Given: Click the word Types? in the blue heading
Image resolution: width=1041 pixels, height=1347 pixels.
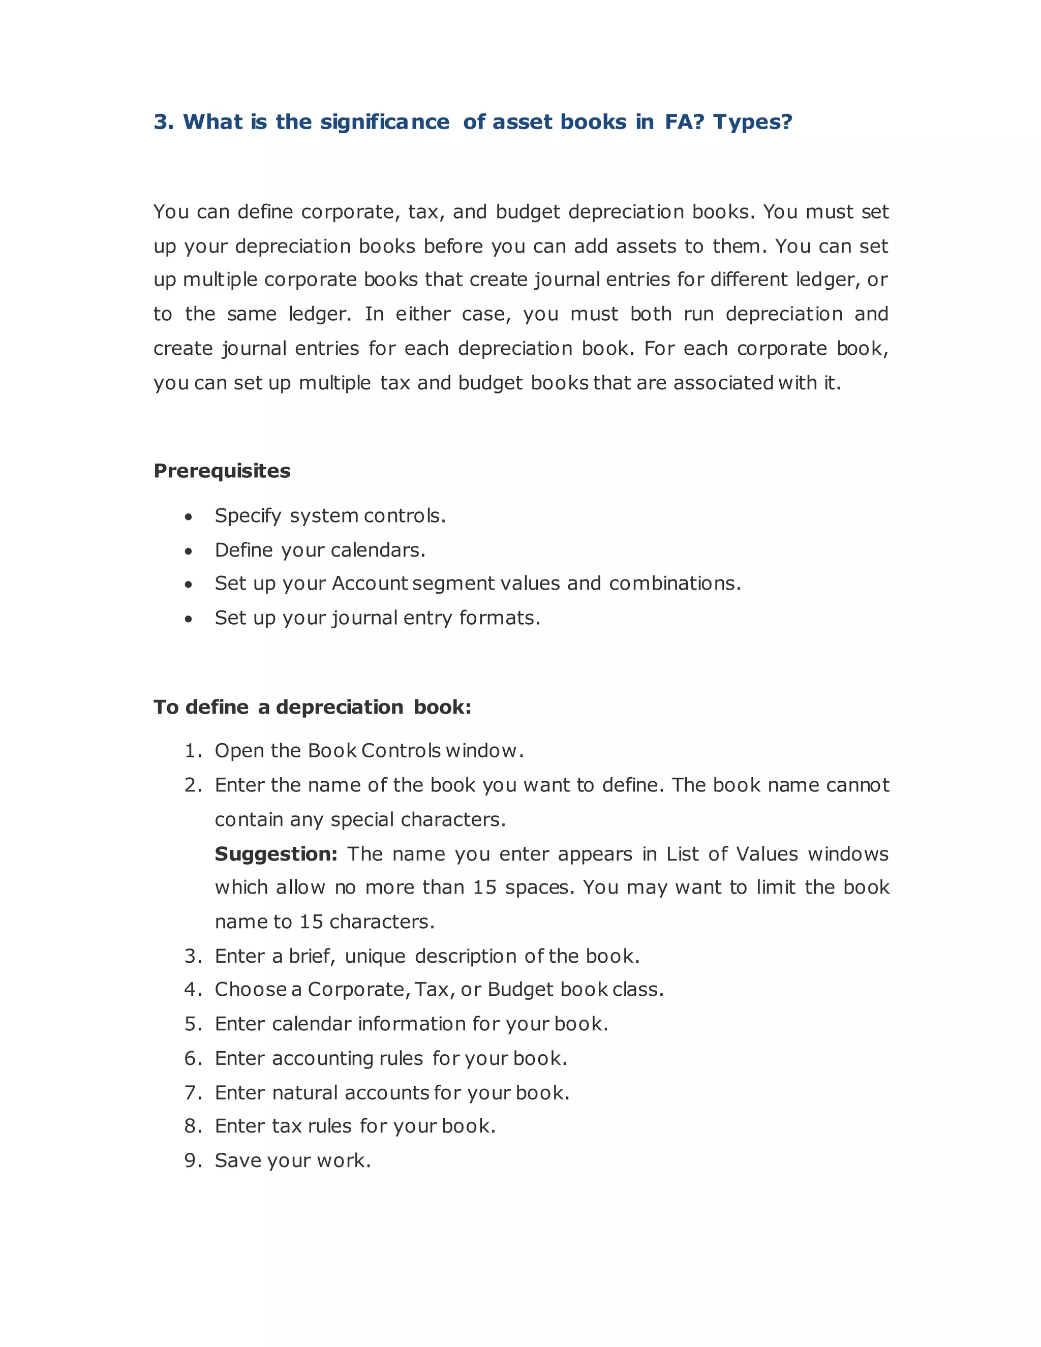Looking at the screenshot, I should [752, 122].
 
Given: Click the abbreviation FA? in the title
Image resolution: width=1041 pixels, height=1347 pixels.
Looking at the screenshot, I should [684, 122].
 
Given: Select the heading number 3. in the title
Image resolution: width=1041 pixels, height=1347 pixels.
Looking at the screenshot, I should [164, 122].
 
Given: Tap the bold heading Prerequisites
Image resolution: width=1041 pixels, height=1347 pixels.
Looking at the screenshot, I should [222, 471].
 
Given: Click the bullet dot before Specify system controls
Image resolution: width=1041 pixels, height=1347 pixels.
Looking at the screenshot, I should [189, 517].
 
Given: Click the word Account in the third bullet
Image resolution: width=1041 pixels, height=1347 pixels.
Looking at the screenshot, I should [370, 584].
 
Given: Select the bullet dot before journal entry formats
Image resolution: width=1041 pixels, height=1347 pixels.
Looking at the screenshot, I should [189, 619].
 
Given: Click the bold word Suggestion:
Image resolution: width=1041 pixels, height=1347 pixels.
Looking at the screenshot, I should [275, 854].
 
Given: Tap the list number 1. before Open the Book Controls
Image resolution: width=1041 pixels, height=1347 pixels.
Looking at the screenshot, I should [193, 751].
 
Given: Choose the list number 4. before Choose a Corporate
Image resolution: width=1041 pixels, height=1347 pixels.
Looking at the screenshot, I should [193, 990].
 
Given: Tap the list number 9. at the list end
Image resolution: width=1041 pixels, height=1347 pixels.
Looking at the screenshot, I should [193, 1161].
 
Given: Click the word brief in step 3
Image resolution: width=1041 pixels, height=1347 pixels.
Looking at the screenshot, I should [312, 957].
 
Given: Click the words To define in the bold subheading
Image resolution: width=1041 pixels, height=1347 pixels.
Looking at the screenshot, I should [201, 708].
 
